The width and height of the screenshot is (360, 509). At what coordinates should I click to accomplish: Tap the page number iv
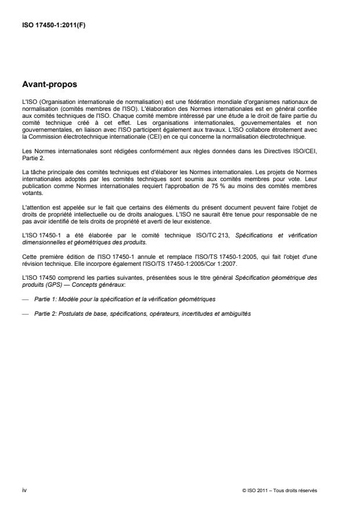(x=24, y=490)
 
